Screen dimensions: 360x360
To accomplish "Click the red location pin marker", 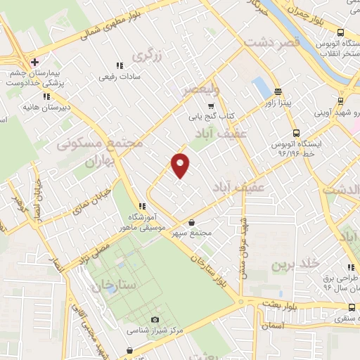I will coord(181,165).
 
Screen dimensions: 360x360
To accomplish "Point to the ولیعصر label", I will coord(202,90).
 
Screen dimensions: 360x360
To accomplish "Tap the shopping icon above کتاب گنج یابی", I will coord(211,105).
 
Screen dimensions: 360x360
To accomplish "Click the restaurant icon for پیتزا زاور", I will coord(278,91).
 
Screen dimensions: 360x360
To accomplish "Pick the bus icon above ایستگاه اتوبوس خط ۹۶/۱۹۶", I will coord(295,131).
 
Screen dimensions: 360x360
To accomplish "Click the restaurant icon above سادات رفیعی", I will coord(119,65).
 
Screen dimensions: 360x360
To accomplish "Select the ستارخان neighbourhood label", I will coord(97,285).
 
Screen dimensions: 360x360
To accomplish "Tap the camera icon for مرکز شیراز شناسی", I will coord(156,319).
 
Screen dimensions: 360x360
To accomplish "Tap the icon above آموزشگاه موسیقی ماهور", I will coord(142,207).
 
